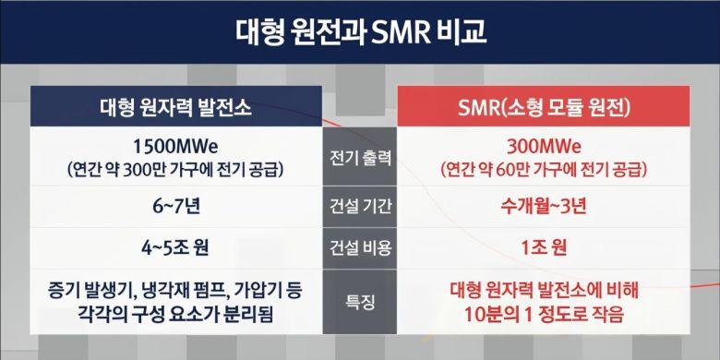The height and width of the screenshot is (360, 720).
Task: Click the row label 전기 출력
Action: click(360, 158)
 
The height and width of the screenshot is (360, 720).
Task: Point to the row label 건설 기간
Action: click(360, 207)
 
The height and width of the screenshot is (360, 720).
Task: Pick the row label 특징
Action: click(360, 300)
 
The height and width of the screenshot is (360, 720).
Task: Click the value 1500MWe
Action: click(175, 146)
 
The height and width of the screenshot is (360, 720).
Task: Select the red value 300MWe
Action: click(544, 146)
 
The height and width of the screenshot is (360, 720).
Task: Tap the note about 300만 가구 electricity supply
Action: click(175, 170)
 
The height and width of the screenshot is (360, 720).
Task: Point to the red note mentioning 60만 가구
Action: click(544, 170)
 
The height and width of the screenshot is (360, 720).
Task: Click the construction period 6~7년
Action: click(175, 207)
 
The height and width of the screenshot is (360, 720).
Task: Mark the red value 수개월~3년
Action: click(544, 207)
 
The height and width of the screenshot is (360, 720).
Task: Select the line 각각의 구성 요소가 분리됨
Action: click(175, 312)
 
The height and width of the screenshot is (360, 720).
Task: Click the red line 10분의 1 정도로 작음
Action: click(544, 312)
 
